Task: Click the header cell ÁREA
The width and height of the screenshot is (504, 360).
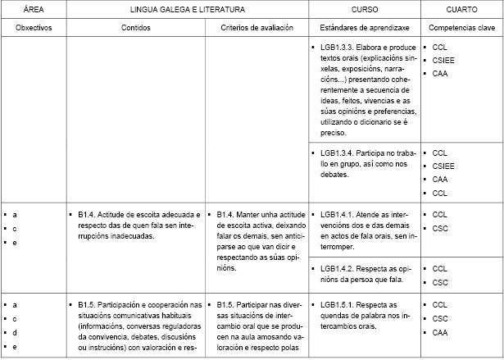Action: coord(33,9)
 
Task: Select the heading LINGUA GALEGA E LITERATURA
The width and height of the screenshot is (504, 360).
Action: coord(186,9)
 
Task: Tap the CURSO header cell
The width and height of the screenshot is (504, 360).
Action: coord(365,9)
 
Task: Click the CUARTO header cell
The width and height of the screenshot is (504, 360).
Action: coord(461,9)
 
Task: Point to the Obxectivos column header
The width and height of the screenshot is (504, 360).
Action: coord(33,27)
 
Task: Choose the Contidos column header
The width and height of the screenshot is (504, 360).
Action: coord(135,27)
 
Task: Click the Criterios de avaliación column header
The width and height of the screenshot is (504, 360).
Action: coord(257,27)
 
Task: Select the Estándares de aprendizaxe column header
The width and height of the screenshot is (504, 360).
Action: coord(365,27)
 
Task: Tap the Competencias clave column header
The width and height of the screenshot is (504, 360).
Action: coord(461,27)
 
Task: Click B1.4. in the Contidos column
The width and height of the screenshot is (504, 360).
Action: coord(89,214)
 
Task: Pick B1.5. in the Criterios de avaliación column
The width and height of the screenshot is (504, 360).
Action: coord(227,304)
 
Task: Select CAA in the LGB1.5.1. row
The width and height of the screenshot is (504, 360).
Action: coord(440,332)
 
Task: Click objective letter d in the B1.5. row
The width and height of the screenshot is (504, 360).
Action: coord(15,333)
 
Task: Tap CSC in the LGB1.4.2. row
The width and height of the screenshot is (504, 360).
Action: coord(440,282)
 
